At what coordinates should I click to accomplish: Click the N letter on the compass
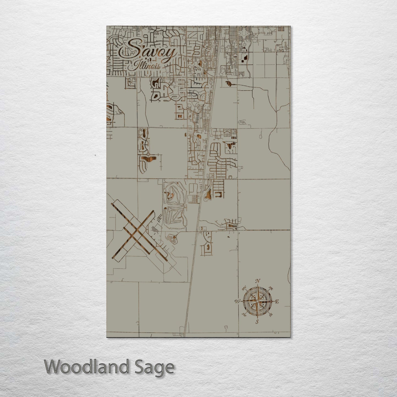click(x=258, y=281)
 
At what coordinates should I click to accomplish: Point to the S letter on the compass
click(x=257, y=322)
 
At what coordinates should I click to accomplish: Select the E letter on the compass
click(x=277, y=302)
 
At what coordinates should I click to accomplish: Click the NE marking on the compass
click(x=270, y=289)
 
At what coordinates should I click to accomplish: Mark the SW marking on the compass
click(x=244, y=315)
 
